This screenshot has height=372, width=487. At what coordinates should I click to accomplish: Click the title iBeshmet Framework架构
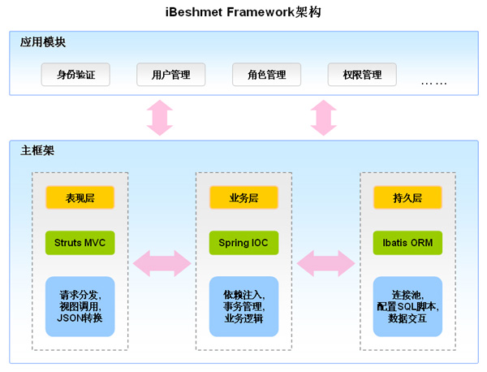pos(243,12)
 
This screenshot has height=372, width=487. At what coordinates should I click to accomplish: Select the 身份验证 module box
pos(75,75)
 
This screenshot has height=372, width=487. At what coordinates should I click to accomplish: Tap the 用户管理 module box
pos(170,75)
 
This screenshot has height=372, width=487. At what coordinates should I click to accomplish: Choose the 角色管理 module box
pos(266,75)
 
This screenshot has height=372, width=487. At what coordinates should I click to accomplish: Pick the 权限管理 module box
pos(361,75)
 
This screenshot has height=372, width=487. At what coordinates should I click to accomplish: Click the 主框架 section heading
pos(37,150)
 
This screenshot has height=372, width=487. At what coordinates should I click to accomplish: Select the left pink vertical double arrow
pos(159,117)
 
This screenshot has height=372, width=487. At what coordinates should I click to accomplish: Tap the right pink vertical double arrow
pos(324,117)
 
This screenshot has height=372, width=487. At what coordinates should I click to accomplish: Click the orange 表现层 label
pos(80,197)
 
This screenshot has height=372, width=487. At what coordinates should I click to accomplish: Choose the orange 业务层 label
pos(243,197)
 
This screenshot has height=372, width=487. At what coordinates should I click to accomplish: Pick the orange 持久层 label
pos(407,197)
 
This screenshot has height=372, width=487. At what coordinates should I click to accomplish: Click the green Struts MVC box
pos(80,242)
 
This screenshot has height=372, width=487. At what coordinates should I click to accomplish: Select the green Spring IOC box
pos(243,242)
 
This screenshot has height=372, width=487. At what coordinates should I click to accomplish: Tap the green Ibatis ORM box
pos(407,242)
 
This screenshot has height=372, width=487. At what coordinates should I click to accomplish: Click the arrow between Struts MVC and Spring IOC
pos(162,262)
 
